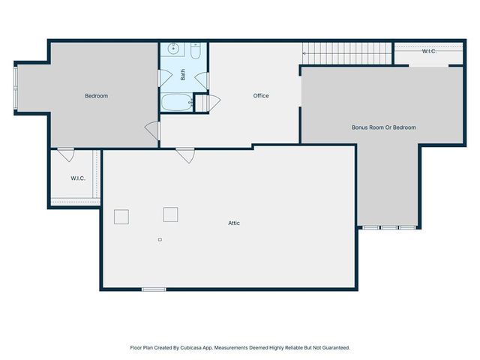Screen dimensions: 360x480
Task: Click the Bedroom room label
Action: pos(96,96)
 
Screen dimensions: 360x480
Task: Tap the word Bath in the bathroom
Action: pos(182,75)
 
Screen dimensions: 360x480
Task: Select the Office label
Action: pos(260,96)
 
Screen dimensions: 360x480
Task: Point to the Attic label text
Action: pos(235,223)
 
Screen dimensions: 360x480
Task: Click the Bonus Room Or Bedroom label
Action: pos(383,127)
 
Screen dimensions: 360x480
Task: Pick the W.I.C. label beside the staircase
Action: pos(429,52)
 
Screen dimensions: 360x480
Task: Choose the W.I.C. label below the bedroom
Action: pos(77,178)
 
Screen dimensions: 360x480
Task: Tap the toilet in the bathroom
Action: pos(195,52)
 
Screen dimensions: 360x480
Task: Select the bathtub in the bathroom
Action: pos(177,102)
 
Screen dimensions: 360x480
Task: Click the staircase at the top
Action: pos(347,52)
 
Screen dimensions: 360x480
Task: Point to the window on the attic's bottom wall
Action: pos(154,289)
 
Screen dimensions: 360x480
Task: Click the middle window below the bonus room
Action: pos(389,227)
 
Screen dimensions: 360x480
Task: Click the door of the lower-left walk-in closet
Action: pos(67,154)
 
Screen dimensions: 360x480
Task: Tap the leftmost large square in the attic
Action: pos(121,217)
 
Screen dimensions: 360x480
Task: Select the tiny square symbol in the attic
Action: pos(159,240)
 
